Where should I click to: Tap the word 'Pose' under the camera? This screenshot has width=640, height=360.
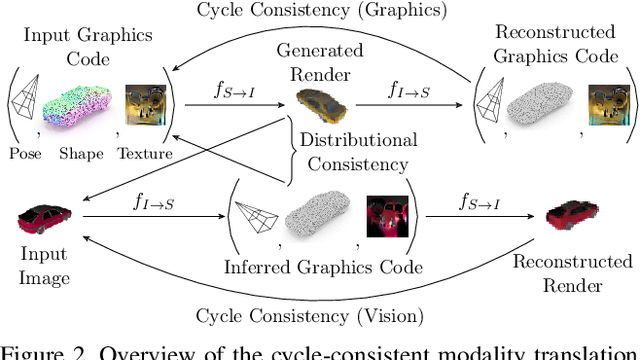tap(27, 154)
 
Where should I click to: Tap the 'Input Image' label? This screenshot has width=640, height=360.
tap(44, 266)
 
